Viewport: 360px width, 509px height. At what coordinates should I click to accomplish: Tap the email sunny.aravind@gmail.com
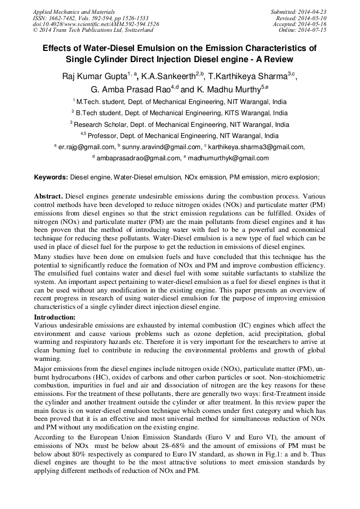point(161,147)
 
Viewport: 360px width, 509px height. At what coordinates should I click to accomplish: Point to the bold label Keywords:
point(52,177)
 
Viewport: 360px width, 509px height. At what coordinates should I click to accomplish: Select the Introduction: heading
point(55,317)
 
